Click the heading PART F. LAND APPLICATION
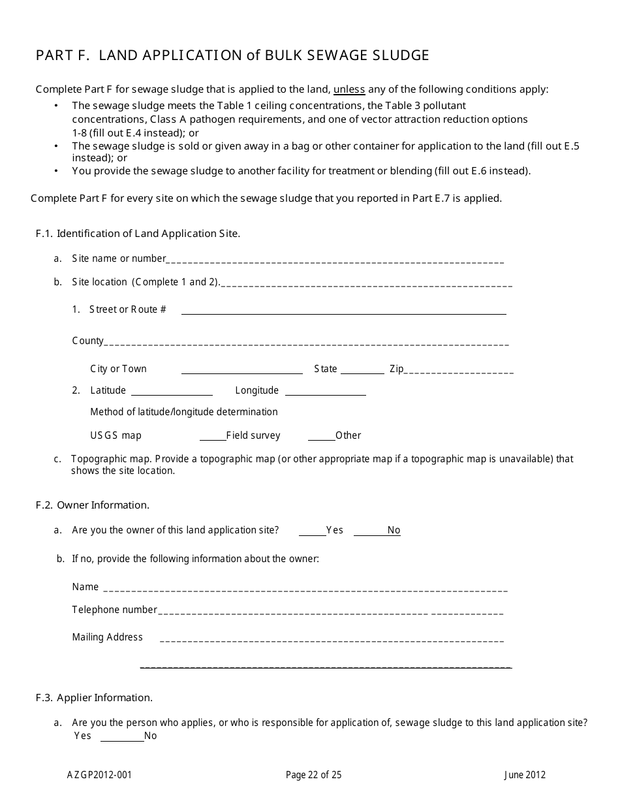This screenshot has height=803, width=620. (x=232, y=55)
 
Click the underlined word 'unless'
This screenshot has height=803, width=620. (x=349, y=89)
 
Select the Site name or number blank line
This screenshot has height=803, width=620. (x=335, y=260)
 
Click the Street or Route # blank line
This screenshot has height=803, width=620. (x=343, y=312)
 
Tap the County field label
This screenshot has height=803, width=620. (x=87, y=341)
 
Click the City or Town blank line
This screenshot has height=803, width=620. (x=241, y=371)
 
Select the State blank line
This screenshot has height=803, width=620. (x=362, y=371)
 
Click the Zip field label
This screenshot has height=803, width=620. (x=396, y=369)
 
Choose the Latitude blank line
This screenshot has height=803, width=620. (x=172, y=393)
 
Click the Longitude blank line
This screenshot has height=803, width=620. (x=325, y=393)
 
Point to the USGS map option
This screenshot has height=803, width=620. (x=116, y=435)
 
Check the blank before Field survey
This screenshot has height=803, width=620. (x=212, y=437)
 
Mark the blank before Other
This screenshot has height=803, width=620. (x=321, y=437)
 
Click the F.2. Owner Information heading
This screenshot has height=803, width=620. (x=93, y=505)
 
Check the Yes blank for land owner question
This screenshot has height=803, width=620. (x=312, y=533)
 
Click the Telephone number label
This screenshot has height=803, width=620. (x=114, y=610)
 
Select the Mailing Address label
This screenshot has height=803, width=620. (x=107, y=637)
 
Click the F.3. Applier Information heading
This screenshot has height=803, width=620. (x=94, y=698)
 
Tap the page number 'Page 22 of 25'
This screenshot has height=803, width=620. (x=313, y=776)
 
